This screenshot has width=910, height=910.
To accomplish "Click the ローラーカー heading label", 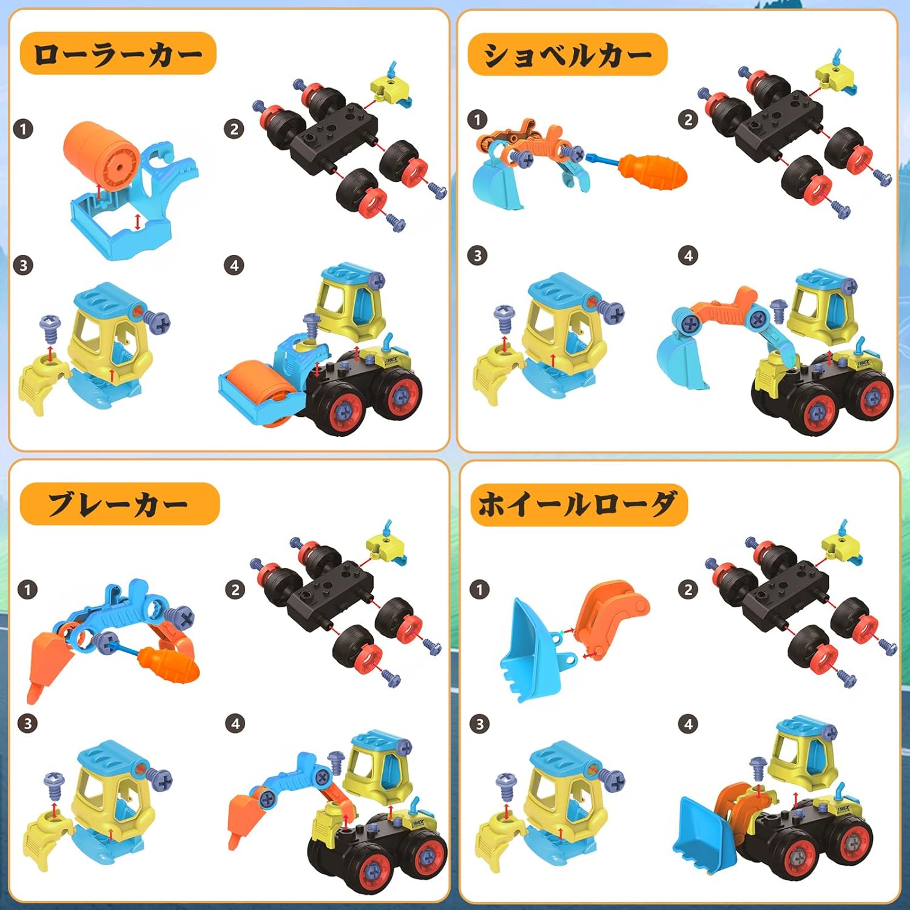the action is pyautogui.click(x=118, y=54).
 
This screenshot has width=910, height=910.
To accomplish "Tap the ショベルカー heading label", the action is pyautogui.click(x=567, y=55).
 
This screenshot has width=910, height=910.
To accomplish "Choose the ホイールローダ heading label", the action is pyautogui.click(x=579, y=505).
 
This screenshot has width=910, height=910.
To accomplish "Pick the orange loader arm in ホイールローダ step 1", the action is pyautogui.click(x=610, y=616).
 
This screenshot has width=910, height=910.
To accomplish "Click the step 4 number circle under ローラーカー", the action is pyautogui.click(x=234, y=265).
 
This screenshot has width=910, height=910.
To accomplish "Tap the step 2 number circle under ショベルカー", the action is pyautogui.click(x=688, y=120).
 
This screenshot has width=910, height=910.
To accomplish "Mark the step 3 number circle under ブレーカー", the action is pyautogui.click(x=27, y=723).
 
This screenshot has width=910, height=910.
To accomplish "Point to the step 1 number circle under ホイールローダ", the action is pyautogui.click(x=479, y=589).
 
